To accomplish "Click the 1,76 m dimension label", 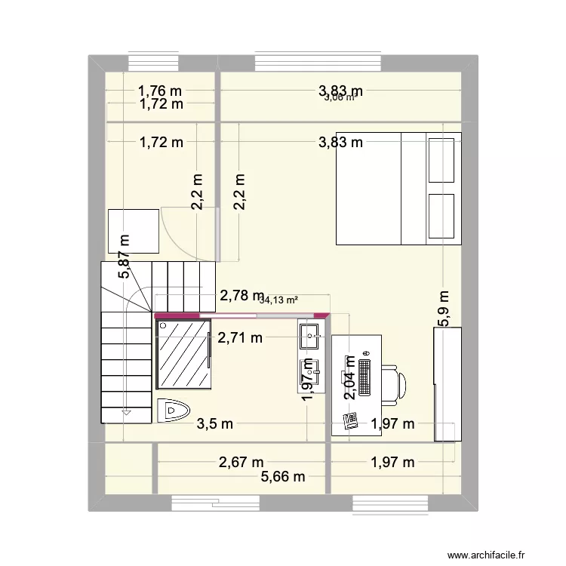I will click(x=160, y=91).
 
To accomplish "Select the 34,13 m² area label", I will click(x=278, y=300).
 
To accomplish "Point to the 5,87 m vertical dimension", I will click(x=124, y=255).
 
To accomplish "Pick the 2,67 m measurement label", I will click(x=241, y=462).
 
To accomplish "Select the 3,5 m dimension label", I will click(x=214, y=423).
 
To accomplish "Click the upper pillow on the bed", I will click(x=441, y=160).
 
